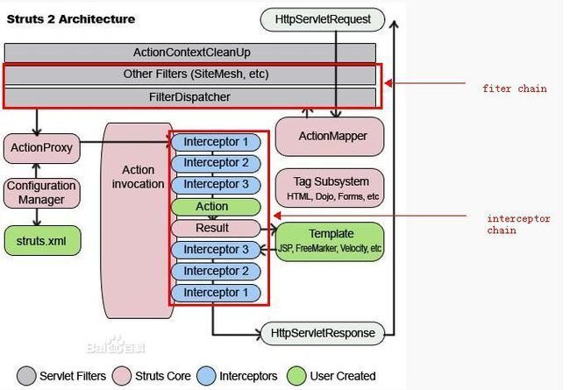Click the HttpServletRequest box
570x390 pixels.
click(x=323, y=19)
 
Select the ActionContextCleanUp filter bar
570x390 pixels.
click(x=190, y=53)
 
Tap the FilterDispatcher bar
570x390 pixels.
click(x=190, y=97)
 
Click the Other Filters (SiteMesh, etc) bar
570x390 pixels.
click(x=190, y=74)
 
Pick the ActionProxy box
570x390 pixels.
click(x=42, y=148)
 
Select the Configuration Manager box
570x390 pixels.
click(x=42, y=193)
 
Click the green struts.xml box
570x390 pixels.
click(x=42, y=241)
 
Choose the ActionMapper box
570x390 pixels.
click(x=330, y=137)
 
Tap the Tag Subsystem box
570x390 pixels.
click(x=330, y=188)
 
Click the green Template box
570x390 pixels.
click(x=330, y=242)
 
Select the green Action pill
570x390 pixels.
click(x=216, y=207)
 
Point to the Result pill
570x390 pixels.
click(x=216, y=228)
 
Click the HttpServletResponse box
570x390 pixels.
click(x=323, y=333)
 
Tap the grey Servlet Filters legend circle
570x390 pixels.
click(x=26, y=376)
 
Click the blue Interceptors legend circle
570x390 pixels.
click(x=206, y=376)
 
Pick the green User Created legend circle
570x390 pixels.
click(x=296, y=376)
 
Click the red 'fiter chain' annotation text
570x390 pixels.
click(x=515, y=89)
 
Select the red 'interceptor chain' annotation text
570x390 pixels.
click(x=519, y=224)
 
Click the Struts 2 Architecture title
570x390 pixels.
click(x=71, y=19)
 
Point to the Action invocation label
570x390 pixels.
click(x=139, y=177)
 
